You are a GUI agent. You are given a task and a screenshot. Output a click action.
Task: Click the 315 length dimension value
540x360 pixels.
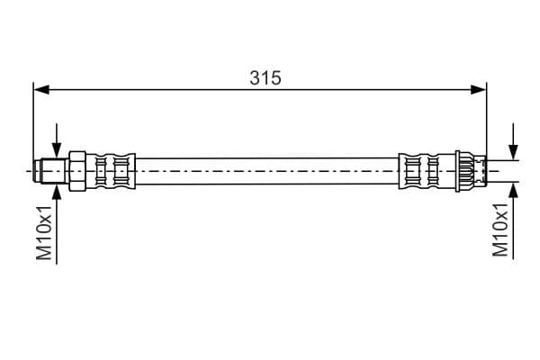265,78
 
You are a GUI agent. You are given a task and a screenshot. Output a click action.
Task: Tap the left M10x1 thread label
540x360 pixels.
44,233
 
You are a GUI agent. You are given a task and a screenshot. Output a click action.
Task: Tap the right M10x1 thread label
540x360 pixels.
500,229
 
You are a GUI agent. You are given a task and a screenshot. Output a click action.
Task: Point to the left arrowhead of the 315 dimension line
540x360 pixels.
41,90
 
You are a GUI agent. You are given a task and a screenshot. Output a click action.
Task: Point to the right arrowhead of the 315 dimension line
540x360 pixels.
479,90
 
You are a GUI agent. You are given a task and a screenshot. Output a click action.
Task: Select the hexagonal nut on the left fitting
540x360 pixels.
77,170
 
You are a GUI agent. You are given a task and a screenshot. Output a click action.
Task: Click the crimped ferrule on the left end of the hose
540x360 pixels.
111,170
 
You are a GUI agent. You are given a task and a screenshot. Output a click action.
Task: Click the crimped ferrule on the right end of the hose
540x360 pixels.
427,170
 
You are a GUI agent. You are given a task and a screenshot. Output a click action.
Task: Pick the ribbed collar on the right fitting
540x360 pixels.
464,170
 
